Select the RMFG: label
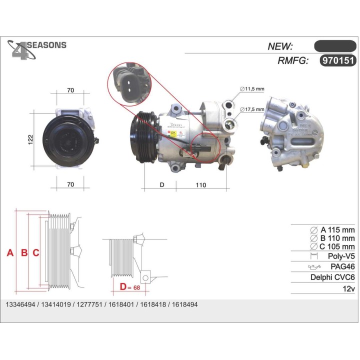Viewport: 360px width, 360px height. click(292, 60)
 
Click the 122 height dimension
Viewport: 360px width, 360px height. click(30, 137)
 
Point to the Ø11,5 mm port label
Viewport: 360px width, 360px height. click(251, 89)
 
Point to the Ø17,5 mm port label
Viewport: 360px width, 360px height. click(251, 109)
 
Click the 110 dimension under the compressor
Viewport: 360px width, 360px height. click(200, 185)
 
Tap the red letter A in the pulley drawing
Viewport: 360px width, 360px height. click(9, 253)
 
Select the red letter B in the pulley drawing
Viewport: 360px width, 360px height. click(23, 253)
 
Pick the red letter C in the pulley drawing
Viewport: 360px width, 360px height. click(36, 253)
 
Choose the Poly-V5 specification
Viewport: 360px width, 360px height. click(341, 256)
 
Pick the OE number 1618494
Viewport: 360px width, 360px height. click(184, 304)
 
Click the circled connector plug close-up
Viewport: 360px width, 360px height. click(129, 83)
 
